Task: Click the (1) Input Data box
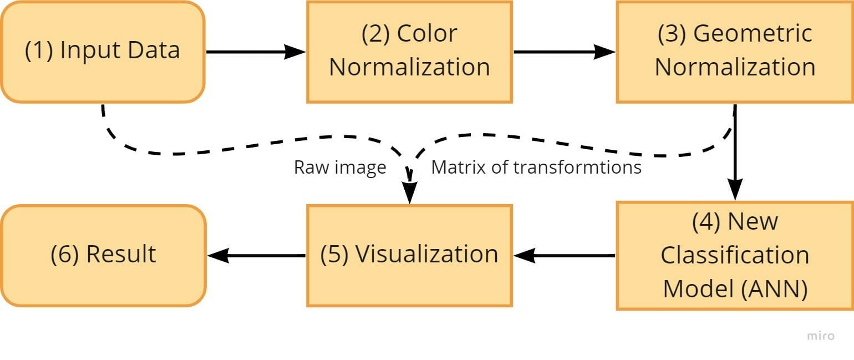(x=103, y=52)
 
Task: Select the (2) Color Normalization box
(x=409, y=52)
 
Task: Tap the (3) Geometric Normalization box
(x=735, y=52)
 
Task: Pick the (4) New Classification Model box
(x=735, y=255)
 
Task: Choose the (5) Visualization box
(x=409, y=255)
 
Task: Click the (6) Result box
(x=103, y=255)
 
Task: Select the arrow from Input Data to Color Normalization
(x=255, y=52)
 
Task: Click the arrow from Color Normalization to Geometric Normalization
(x=563, y=52)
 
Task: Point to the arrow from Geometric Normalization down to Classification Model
(x=735, y=153)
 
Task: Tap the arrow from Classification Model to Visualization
(x=563, y=256)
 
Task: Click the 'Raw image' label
(x=339, y=167)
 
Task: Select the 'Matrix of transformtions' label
(x=536, y=167)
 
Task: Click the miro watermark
(x=820, y=336)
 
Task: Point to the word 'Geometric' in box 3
(x=753, y=34)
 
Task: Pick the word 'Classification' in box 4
(x=735, y=255)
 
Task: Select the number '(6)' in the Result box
(x=65, y=255)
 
